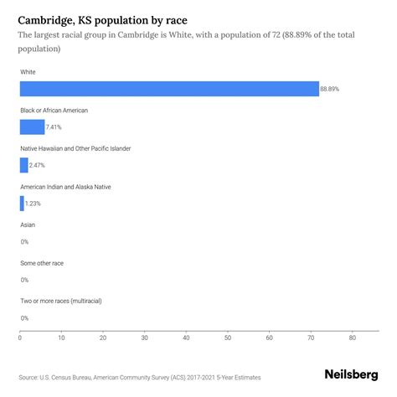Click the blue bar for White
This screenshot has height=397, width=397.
tap(169, 89)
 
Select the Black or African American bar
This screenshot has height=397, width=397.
tap(32, 126)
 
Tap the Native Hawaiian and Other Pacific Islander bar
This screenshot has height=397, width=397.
tap(23, 165)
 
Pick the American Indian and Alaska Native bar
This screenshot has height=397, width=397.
tap(22, 203)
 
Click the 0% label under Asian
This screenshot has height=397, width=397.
tap(24, 241)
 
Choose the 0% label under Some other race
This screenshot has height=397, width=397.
tap(24, 280)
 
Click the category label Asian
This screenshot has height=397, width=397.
tap(28, 224)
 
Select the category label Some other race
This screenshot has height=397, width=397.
tap(42, 263)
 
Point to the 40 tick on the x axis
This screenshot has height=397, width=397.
tap(186, 338)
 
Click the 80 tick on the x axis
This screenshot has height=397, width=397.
tap(353, 338)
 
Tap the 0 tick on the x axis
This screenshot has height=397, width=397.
tap(20, 338)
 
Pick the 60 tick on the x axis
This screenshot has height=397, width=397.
tap(270, 338)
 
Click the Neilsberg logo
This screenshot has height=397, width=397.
tap(352, 376)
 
